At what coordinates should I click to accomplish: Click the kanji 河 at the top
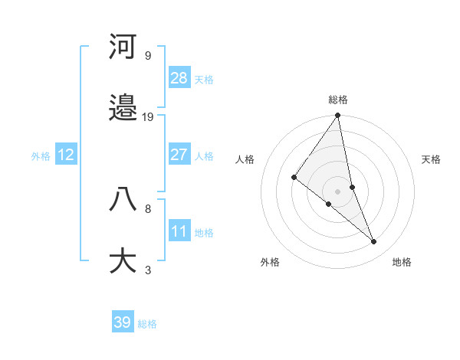tap(123, 47)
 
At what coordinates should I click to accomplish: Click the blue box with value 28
tap(179, 77)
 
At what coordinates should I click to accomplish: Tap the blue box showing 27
tap(179, 155)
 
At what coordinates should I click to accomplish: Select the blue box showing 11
tap(179, 231)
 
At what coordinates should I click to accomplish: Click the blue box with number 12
tap(66, 155)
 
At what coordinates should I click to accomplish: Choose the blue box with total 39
tap(123, 322)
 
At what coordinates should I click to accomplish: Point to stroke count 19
tap(148, 117)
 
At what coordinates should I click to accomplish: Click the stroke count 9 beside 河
tap(147, 55)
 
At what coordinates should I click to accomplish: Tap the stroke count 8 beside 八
tap(147, 208)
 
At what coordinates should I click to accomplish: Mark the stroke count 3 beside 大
tap(147, 270)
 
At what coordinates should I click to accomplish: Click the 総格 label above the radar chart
tap(338, 100)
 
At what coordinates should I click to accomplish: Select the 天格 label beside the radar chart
tap(432, 159)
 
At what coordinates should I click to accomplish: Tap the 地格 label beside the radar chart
tap(402, 262)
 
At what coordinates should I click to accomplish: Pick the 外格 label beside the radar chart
tap(270, 262)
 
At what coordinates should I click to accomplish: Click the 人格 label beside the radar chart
tap(245, 159)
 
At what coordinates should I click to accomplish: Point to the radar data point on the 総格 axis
tap(338, 116)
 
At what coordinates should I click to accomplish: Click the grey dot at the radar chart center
tap(338, 191)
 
